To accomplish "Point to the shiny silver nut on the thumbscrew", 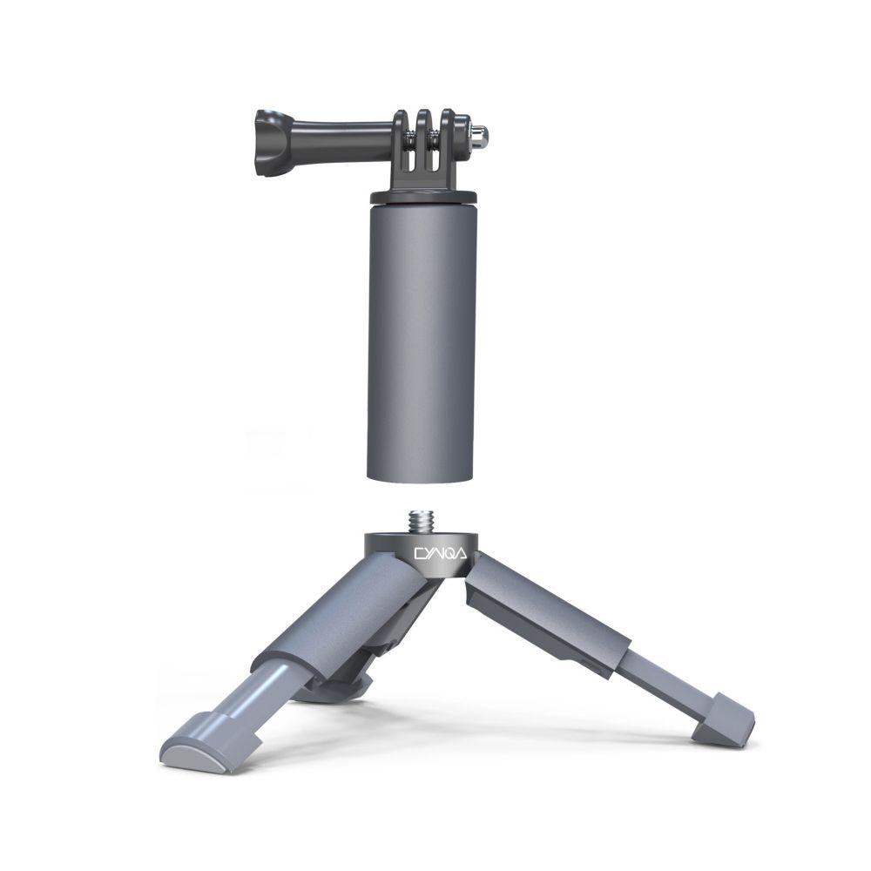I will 478,135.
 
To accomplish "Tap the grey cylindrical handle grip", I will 422,340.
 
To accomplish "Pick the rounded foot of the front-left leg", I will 195,750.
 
